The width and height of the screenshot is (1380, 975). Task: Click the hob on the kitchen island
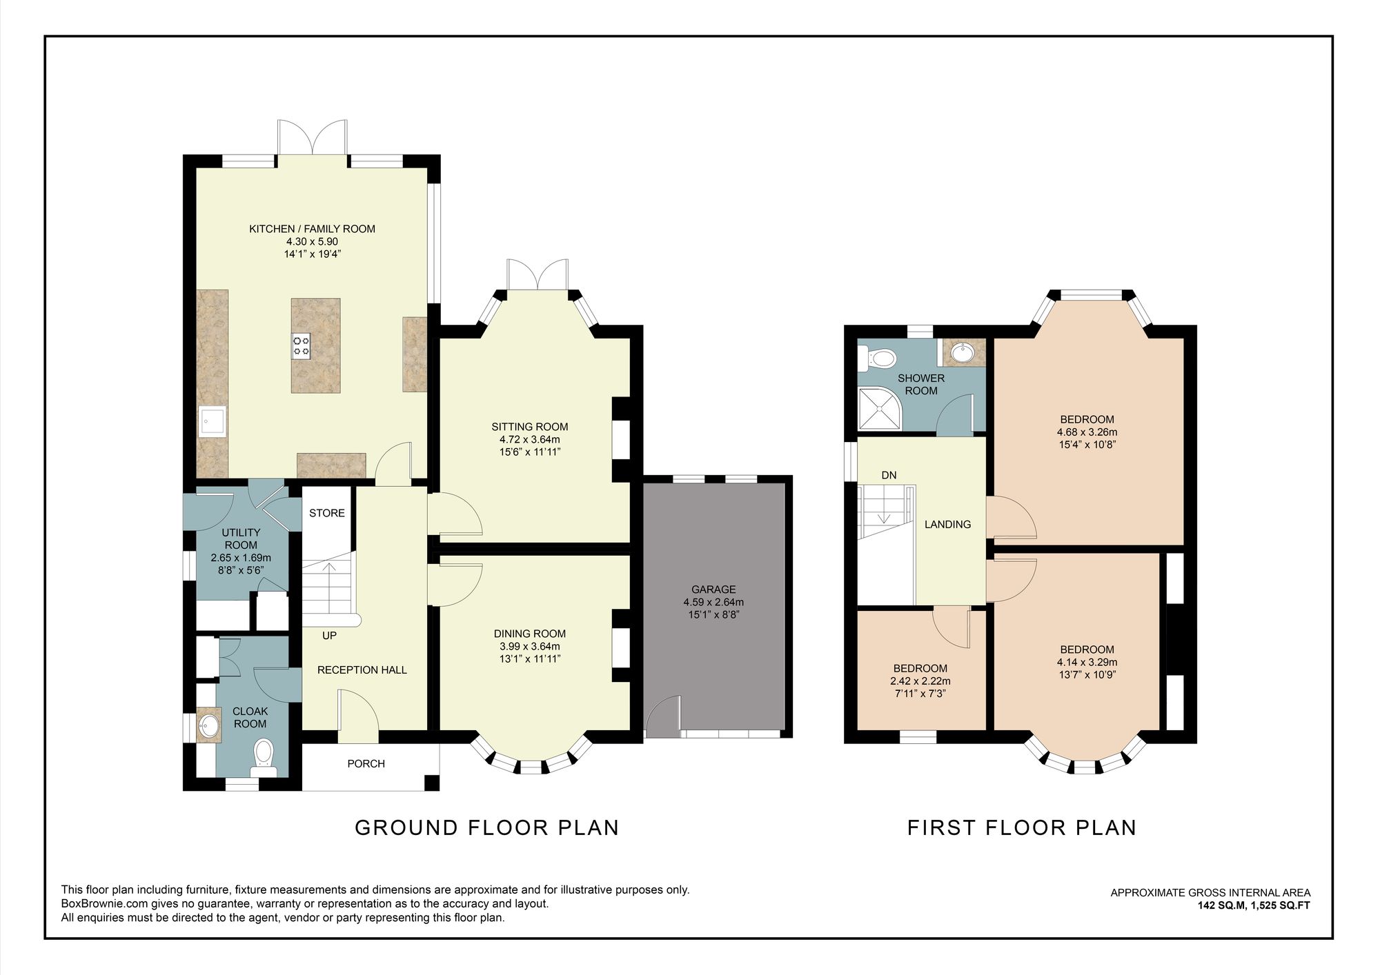302,345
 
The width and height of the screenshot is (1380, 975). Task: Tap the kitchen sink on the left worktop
211,421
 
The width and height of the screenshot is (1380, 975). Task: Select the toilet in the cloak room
264,755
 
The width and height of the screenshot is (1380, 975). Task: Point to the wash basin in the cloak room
209,725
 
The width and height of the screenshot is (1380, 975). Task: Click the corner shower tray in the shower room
878,408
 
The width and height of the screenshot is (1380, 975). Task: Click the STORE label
327,513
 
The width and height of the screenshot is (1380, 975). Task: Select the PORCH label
366,763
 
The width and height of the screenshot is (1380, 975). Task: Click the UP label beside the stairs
330,635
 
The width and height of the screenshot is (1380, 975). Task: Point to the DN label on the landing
889,475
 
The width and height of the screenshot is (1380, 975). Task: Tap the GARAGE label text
713,590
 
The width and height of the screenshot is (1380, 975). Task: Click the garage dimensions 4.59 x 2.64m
713,602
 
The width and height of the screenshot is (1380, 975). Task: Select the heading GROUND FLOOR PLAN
486,827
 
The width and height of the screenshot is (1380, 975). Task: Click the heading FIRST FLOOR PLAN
1021,827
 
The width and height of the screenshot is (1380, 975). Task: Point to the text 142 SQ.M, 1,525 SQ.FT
1253,905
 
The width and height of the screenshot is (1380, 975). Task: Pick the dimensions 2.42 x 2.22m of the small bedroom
920,681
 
